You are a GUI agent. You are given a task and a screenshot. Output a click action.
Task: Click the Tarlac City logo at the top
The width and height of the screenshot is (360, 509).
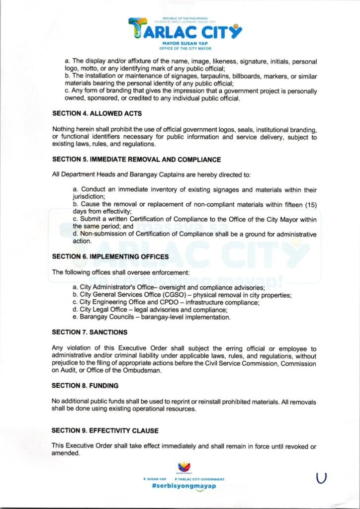(x=185, y=30)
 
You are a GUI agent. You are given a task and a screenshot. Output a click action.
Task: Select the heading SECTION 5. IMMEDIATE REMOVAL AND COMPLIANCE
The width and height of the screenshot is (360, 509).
(x=137, y=160)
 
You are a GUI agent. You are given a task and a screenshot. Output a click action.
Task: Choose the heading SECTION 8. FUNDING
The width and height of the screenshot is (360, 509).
(x=86, y=385)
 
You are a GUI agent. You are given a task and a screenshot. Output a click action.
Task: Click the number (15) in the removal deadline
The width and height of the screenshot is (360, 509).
(x=310, y=204)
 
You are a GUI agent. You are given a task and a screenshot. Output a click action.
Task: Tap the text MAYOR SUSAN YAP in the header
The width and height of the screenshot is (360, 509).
(x=185, y=45)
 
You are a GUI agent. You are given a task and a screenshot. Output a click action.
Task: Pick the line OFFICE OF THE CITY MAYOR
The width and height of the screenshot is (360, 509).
(x=185, y=49)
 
